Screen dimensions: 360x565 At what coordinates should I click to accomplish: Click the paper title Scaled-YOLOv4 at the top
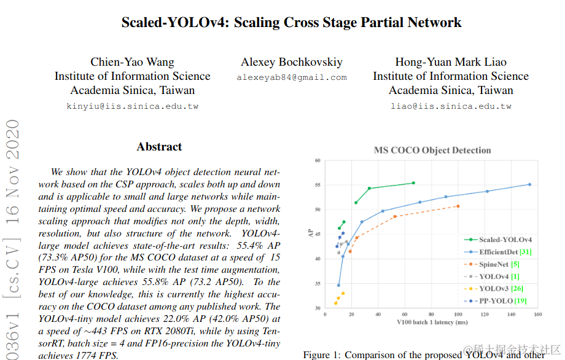pyautogui.click(x=291, y=23)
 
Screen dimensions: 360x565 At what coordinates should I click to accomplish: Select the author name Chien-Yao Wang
pyautogui.click(x=132, y=62)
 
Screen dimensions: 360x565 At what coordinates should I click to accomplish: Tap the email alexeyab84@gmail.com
pyautogui.click(x=292, y=78)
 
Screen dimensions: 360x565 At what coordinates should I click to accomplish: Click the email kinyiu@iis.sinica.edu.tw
pyautogui.click(x=132, y=106)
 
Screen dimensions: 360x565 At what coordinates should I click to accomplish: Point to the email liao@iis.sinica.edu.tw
pyautogui.click(x=451, y=106)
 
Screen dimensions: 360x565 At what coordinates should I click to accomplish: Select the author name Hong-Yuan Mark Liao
pyautogui.click(x=451, y=62)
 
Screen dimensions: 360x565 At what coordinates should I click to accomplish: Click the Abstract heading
pyautogui.click(x=159, y=147)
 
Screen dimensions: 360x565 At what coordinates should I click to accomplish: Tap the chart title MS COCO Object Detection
pyautogui.click(x=432, y=151)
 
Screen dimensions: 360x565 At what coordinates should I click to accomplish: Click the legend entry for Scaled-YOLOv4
pyautogui.click(x=505, y=240)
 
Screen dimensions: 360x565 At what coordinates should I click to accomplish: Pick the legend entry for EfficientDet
pyautogui.click(x=505, y=252)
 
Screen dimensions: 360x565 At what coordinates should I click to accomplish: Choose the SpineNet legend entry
pyautogui.click(x=499, y=264)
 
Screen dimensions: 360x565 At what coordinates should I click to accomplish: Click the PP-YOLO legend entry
pyautogui.click(x=501, y=301)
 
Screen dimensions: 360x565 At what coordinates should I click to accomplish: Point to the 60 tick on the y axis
pyautogui.click(x=318, y=161)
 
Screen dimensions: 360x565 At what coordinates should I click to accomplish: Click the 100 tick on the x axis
pyautogui.click(x=458, y=315)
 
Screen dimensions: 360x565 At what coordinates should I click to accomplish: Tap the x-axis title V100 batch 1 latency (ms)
pyautogui.click(x=432, y=323)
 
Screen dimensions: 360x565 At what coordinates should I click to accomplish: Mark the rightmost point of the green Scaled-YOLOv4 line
pyautogui.click(x=413, y=183)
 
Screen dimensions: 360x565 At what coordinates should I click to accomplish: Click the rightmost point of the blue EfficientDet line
pyautogui.click(x=529, y=184)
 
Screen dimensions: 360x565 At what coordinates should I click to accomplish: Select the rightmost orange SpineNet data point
pyautogui.click(x=458, y=206)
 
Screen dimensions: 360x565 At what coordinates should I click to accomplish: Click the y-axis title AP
pyautogui.click(x=310, y=233)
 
